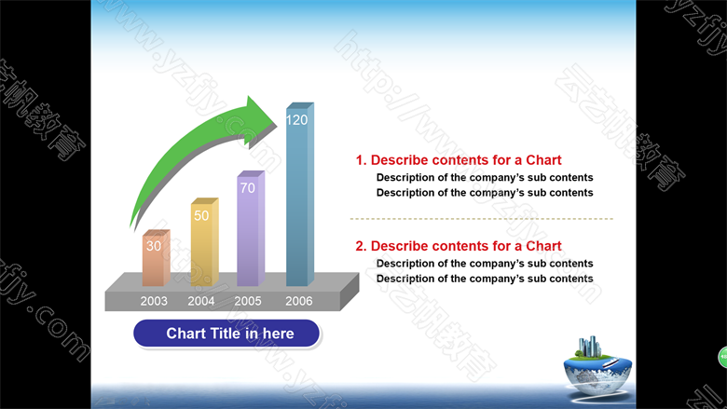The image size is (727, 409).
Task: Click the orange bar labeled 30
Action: (x=157, y=257)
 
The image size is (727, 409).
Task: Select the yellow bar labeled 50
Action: (x=204, y=242)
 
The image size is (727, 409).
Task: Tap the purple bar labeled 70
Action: (x=251, y=228)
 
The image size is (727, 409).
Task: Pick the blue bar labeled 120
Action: (x=300, y=194)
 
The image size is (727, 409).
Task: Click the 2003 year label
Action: (x=154, y=301)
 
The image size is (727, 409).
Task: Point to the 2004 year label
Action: (x=201, y=301)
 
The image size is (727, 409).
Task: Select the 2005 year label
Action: (x=248, y=301)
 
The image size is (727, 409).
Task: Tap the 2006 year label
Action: (x=299, y=301)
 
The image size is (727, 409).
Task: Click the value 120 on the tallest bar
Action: (x=296, y=120)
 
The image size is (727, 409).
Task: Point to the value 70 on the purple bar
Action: (x=248, y=188)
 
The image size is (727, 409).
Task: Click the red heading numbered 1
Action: (x=459, y=160)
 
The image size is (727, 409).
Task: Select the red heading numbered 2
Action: (x=459, y=246)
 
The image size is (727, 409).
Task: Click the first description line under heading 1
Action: (x=485, y=177)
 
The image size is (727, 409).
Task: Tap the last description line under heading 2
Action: (x=485, y=279)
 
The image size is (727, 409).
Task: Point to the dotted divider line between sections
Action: (x=482, y=218)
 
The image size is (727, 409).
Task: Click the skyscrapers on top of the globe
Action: (x=589, y=347)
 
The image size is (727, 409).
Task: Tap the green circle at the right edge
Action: (x=723, y=357)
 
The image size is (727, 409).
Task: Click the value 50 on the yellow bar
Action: (x=201, y=215)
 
